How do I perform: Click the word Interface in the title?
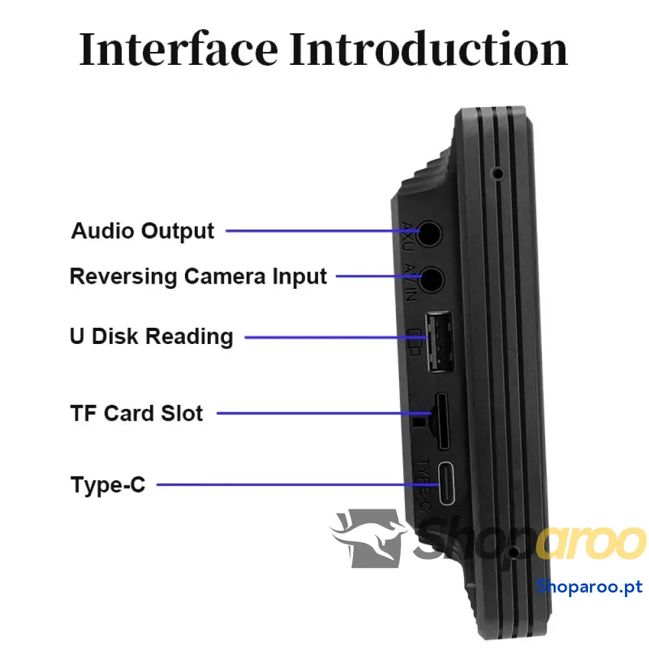coord(178,49)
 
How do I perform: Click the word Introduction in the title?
coord(428,49)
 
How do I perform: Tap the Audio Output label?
coord(143,231)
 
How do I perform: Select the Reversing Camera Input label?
coord(198,276)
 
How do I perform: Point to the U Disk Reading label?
coord(151,336)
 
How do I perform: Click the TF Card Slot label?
coord(136,413)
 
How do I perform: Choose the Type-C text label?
coord(108,484)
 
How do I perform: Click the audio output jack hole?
coord(429,232)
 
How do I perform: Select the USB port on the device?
coord(440,342)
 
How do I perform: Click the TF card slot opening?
coord(443,421)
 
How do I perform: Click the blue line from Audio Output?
coord(318,231)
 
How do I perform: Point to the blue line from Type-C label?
coord(286,484)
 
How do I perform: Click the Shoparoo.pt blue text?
coord(589,587)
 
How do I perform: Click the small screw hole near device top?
coord(498,173)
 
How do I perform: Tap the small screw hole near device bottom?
coord(514,553)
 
